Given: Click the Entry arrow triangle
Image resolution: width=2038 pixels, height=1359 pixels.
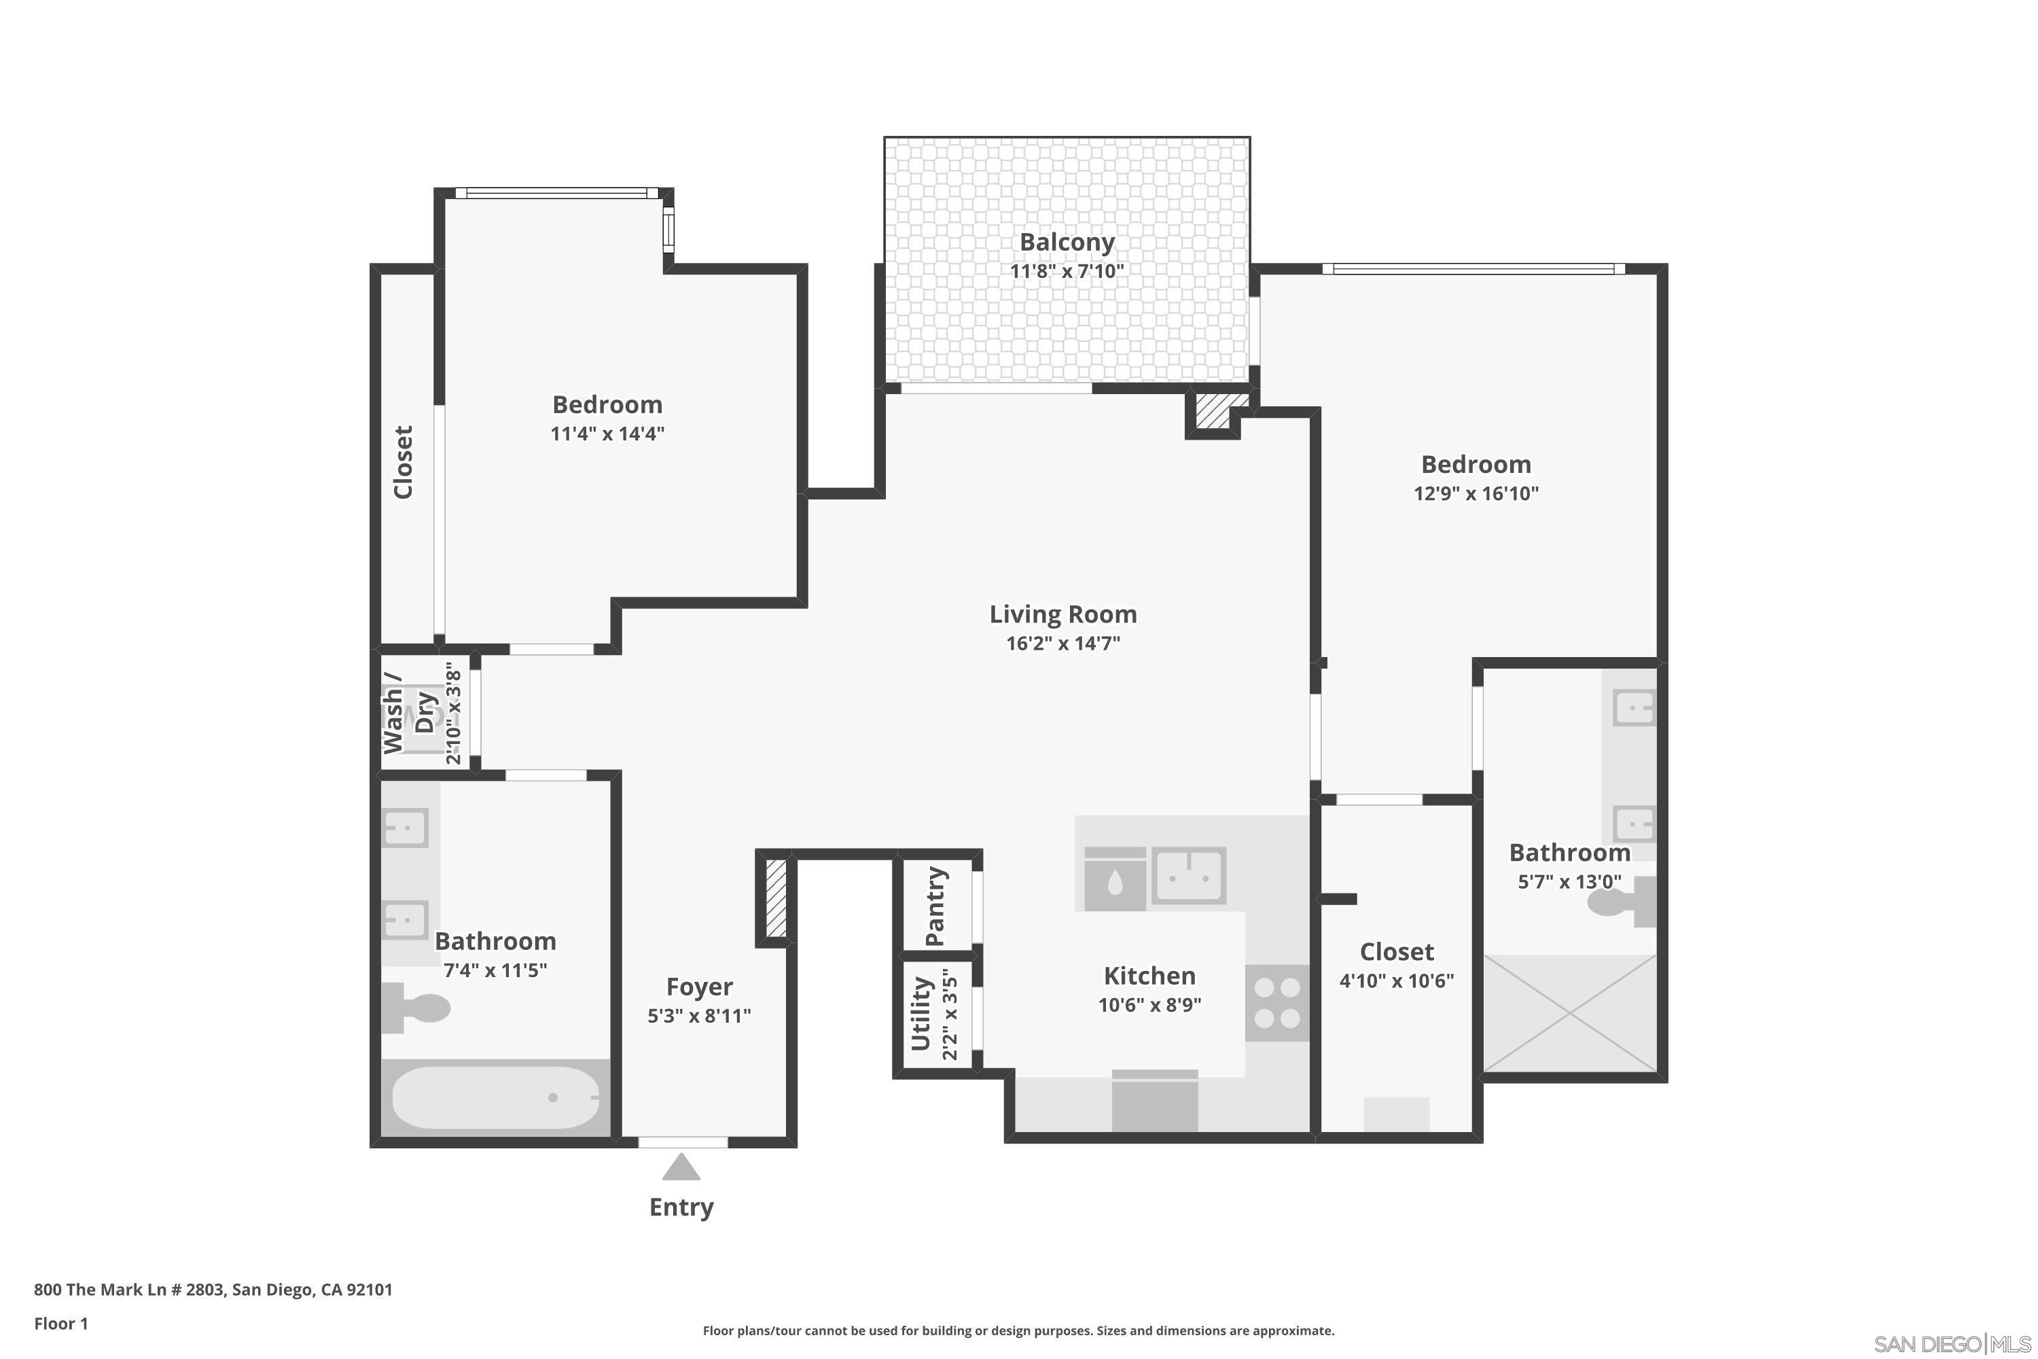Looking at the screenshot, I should click(x=681, y=1167).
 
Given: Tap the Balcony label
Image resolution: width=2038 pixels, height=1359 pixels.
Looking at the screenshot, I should click(x=1066, y=242).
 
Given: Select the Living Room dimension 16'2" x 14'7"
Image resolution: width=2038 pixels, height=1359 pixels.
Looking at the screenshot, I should click(x=1062, y=643).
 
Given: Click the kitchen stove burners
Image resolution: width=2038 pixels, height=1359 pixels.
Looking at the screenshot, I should click(x=1277, y=1003).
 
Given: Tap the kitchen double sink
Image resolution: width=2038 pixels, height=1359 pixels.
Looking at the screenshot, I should click(x=1188, y=875).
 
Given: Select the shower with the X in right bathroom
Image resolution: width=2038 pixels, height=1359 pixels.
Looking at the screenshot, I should click(x=1569, y=1013).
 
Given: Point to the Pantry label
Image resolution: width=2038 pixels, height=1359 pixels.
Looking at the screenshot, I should click(x=934, y=906).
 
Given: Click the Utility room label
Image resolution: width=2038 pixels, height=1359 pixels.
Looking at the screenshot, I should click(x=920, y=1013).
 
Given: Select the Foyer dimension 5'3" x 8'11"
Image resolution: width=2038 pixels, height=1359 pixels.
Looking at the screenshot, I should click(x=698, y=1016).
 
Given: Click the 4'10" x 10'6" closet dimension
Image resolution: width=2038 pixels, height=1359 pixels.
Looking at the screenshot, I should click(x=1396, y=981).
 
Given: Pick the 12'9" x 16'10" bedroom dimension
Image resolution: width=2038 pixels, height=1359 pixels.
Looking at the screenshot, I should click(x=1476, y=493).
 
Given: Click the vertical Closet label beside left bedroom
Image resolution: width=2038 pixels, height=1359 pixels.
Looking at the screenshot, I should click(x=403, y=462).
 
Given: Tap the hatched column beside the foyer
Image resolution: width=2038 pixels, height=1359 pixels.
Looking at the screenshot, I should click(x=776, y=898).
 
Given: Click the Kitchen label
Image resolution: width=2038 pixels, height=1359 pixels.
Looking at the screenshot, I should click(x=1149, y=976).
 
